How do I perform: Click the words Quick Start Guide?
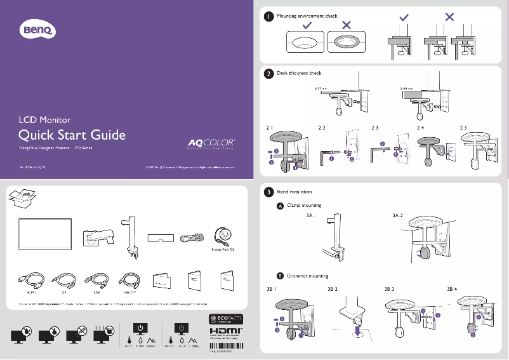(x=72, y=135)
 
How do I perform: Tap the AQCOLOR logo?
(x=211, y=143)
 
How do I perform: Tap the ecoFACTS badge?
(x=225, y=318)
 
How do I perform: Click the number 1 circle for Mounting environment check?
(x=269, y=17)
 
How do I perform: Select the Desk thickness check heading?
(x=299, y=74)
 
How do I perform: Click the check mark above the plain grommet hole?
(x=307, y=25)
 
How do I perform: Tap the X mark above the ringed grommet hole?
(x=347, y=25)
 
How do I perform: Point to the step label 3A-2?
(x=398, y=215)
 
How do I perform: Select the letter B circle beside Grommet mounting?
(x=280, y=276)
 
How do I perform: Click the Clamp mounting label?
(x=304, y=206)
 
